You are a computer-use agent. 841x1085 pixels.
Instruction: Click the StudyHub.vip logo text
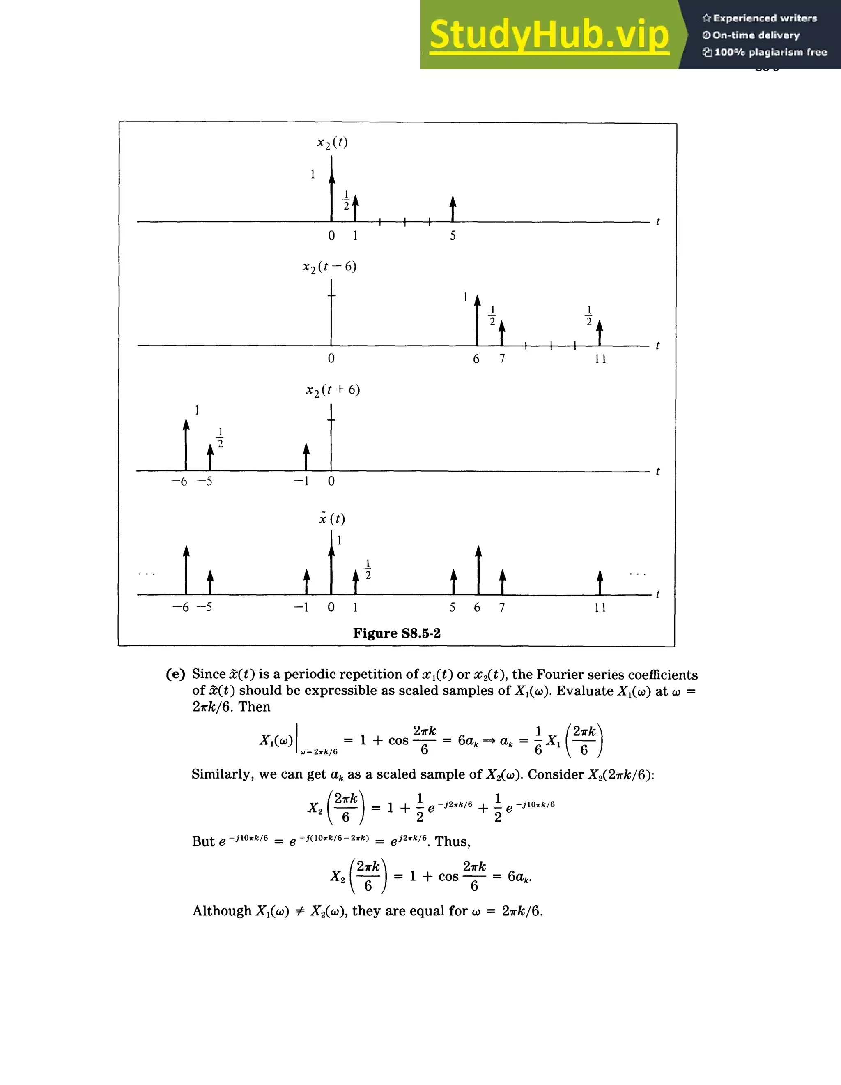pyautogui.click(x=549, y=35)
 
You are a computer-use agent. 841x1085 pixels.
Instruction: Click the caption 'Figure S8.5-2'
pyautogui.click(x=397, y=633)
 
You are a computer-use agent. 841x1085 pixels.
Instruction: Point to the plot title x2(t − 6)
pyautogui.click(x=330, y=267)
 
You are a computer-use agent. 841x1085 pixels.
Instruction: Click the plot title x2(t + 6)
pyautogui.click(x=333, y=390)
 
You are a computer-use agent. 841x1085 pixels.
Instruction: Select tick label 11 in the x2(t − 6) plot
pyautogui.click(x=600, y=359)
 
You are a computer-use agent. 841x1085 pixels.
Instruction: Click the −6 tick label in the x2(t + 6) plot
pyautogui.click(x=179, y=481)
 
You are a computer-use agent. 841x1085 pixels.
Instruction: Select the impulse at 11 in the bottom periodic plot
pyautogui.click(x=600, y=582)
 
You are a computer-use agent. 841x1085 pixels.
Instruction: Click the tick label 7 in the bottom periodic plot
pyautogui.click(x=502, y=608)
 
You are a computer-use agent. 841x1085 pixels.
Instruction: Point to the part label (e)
pyautogui.click(x=175, y=674)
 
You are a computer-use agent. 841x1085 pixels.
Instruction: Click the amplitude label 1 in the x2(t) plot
pyautogui.click(x=313, y=174)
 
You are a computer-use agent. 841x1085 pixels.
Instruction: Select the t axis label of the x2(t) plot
pyautogui.click(x=658, y=221)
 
